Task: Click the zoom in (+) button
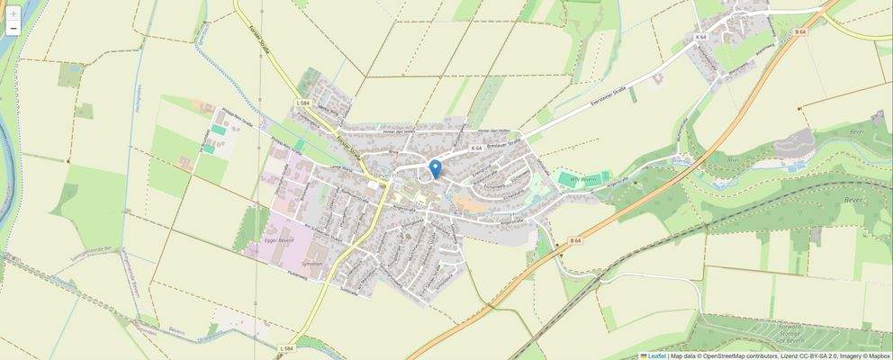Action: tap(14, 13)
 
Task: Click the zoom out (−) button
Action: tap(14, 29)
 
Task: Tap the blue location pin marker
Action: tap(435, 168)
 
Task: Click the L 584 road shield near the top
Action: tap(302, 104)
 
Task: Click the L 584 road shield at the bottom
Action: tap(285, 347)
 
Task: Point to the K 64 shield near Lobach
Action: tap(701, 37)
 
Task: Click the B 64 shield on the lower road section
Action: tap(575, 241)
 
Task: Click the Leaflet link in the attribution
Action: tap(656, 355)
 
